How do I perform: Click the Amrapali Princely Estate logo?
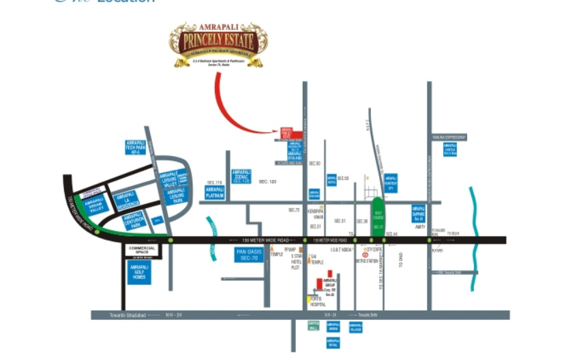coord(218,44)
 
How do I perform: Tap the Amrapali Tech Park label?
coord(136,147)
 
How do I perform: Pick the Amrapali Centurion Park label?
coord(133,221)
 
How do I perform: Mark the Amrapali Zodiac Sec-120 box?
coord(243,177)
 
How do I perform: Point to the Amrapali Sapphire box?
coord(418,212)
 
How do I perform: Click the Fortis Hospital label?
coord(314,304)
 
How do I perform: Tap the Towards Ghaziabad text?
coord(117,315)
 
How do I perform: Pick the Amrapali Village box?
coord(355,327)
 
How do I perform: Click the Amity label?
coord(419,227)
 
